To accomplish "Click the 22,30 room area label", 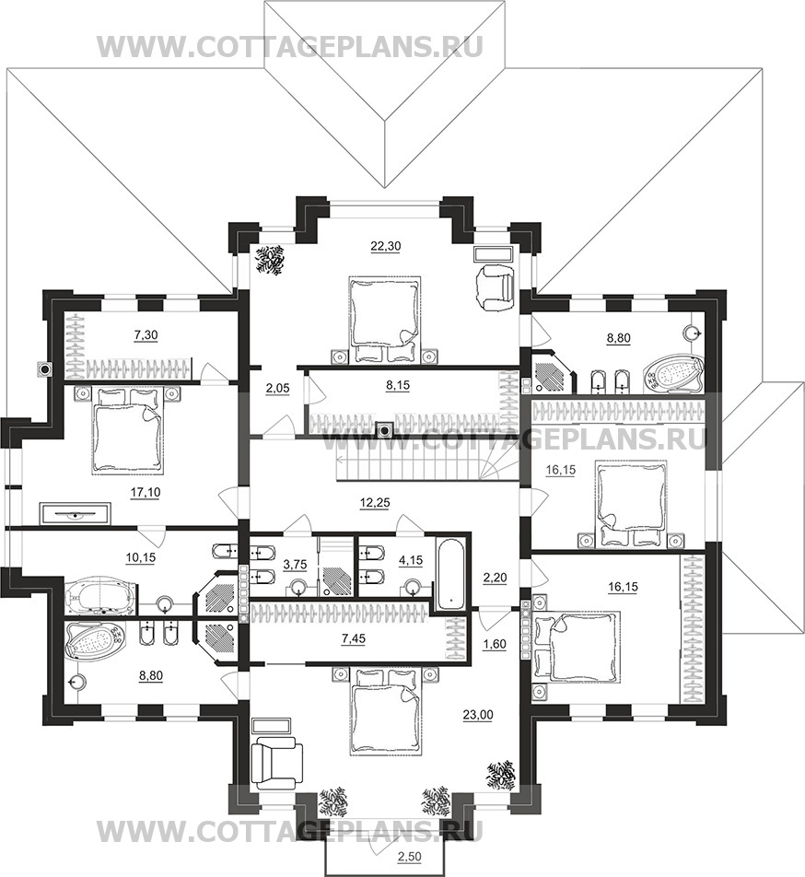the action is tap(386, 246).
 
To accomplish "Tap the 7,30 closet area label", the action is tap(146, 335).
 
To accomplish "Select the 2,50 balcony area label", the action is tap(410, 857).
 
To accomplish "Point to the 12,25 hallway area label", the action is tap(375, 503).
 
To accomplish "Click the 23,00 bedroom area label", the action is tap(478, 714).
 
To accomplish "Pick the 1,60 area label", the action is tap(495, 644).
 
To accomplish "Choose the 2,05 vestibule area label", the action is tap(277, 390).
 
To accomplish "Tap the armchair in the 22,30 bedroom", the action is tap(495, 287).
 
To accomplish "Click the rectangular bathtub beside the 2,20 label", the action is tap(452, 574).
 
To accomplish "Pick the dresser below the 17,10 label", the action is tap(75, 513).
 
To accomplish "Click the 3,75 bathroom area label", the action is tap(295, 565).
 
